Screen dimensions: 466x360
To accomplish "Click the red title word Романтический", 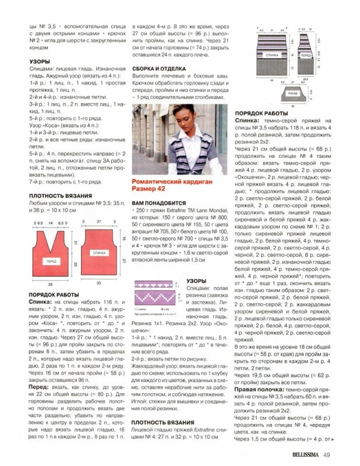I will click(x=157, y=181).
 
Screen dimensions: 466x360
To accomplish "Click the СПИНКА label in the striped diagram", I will click(x=271, y=54).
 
